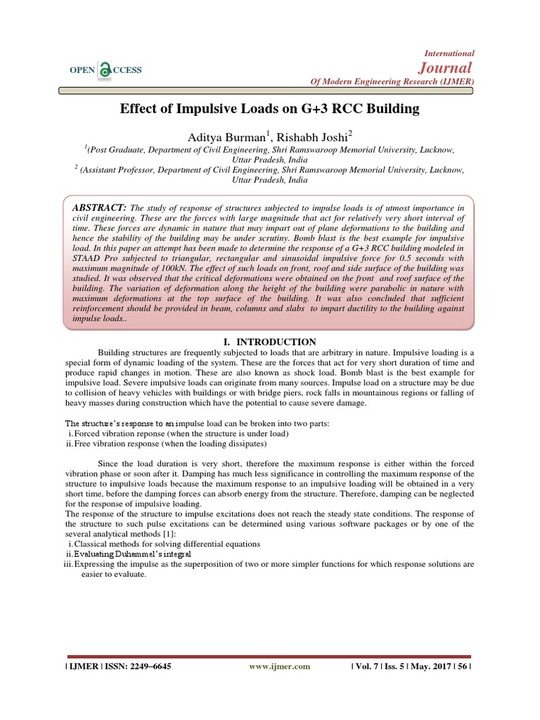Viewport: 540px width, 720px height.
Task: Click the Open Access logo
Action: (x=105, y=69)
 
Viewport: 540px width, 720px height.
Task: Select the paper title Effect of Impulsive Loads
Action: (x=270, y=109)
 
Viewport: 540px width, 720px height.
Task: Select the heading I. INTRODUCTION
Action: (x=270, y=342)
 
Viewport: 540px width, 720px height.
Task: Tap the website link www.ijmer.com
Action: (x=279, y=666)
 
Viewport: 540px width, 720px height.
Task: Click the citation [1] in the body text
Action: (x=169, y=534)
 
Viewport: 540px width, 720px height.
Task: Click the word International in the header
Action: (x=451, y=53)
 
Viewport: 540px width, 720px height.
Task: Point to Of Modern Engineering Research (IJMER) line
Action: (x=392, y=82)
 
